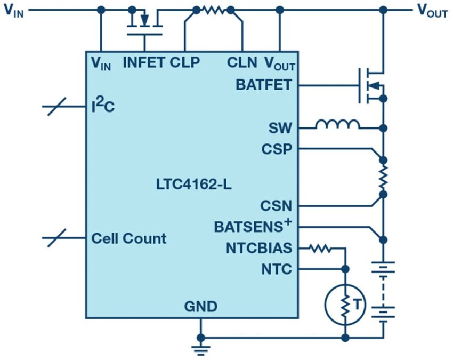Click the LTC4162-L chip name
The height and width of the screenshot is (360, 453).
pyautogui.click(x=193, y=185)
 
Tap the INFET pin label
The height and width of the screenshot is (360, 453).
pyautogui.click(x=144, y=62)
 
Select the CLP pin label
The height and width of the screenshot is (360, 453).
pyautogui.click(x=185, y=62)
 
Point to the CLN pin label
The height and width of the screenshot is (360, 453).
pyautogui.click(x=242, y=62)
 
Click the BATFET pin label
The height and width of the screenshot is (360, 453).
pyautogui.click(x=264, y=85)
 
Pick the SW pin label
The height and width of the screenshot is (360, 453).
pyautogui.click(x=280, y=128)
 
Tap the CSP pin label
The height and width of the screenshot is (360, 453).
pyautogui.click(x=277, y=149)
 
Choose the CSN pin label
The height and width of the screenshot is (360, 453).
pyautogui.click(x=276, y=206)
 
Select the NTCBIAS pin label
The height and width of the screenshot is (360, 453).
pyautogui.click(x=259, y=248)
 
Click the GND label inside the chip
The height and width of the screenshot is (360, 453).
pyautogui.click(x=201, y=307)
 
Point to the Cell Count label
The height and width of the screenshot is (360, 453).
pyautogui.click(x=129, y=238)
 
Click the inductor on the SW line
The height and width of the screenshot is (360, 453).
pyautogui.click(x=338, y=124)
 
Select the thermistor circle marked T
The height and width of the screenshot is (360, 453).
pyautogui.click(x=345, y=305)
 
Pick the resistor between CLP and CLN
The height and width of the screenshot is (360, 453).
pyautogui.click(x=214, y=11)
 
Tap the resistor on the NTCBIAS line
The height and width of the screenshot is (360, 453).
pyautogui.click(x=320, y=248)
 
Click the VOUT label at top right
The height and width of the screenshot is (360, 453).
pyautogui.click(x=432, y=11)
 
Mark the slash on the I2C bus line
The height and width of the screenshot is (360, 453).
pyautogui.click(x=56, y=107)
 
